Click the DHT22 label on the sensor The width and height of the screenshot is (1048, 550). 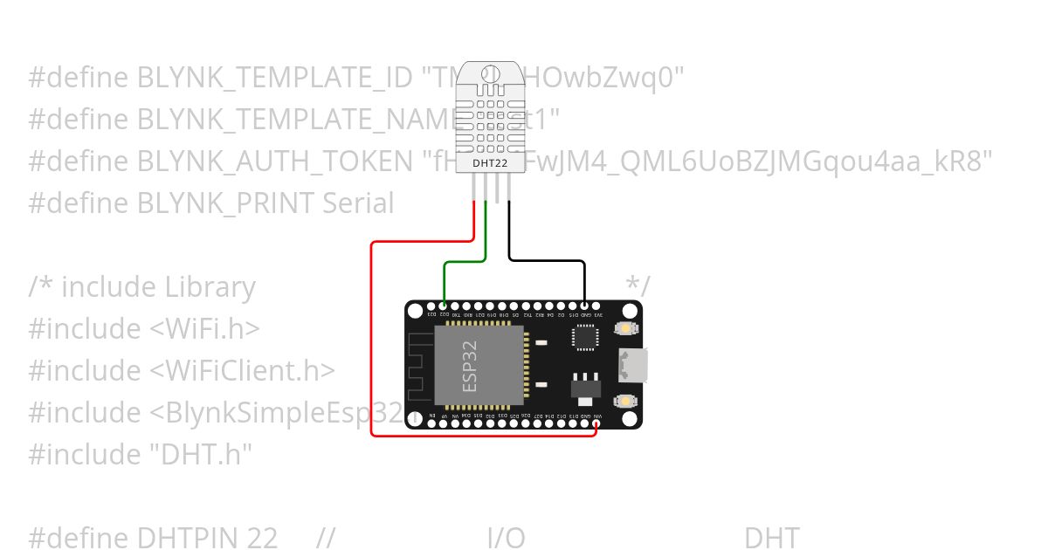[490, 162]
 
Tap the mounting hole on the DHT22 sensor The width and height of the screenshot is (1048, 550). [490, 74]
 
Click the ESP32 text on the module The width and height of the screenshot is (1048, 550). [470, 366]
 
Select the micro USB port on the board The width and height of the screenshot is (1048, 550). [632, 365]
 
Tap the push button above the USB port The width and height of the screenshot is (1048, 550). [625, 329]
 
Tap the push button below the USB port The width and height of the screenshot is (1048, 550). [625, 401]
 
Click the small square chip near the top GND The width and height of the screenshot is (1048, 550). [584, 337]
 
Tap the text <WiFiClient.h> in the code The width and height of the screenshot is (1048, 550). [242, 370]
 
